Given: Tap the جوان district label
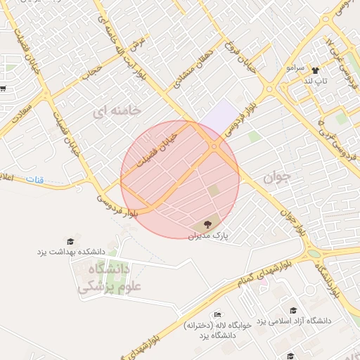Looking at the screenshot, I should (x=276, y=178).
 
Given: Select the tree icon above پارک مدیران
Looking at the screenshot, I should (x=207, y=224).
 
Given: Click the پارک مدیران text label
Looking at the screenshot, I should (x=213, y=236).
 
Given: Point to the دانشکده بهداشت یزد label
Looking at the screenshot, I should (x=71, y=251).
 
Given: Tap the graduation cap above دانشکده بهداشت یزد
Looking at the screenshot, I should (x=70, y=241).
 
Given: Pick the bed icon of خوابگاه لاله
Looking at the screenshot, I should (x=218, y=314).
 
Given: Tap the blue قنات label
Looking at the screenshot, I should (x=34, y=180).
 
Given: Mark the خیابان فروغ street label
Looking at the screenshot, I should (x=231, y=55).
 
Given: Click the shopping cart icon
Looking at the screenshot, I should (x=3, y=89).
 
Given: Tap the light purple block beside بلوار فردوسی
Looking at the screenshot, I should (x=224, y=114).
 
